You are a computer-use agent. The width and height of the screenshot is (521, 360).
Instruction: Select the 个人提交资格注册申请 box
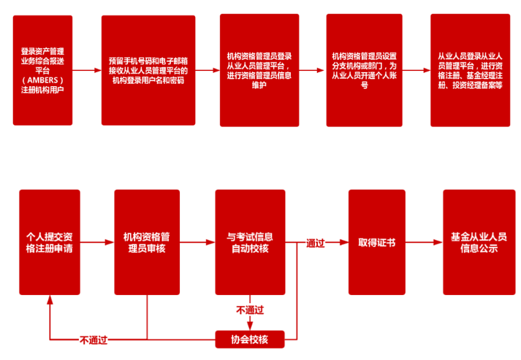(49, 242)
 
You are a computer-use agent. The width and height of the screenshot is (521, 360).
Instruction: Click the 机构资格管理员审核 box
(147, 242)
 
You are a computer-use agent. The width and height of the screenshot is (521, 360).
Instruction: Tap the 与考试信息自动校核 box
(249, 242)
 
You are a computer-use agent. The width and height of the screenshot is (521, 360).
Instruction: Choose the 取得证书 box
(376, 242)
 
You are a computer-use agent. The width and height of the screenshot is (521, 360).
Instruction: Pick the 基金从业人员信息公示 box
(479, 242)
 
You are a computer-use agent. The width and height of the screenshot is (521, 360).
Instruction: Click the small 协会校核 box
(249, 339)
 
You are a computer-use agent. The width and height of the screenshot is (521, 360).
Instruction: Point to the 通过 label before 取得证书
(316, 242)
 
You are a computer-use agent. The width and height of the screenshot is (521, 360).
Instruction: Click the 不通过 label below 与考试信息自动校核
(248, 310)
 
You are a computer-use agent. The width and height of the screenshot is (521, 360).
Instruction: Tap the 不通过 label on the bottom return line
(94, 340)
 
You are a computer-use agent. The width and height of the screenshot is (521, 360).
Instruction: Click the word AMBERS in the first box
(43, 80)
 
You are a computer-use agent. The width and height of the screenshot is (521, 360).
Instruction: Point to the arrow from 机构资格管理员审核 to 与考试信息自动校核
(197, 242)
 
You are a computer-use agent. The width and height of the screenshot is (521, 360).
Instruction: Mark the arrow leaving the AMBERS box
(87, 71)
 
